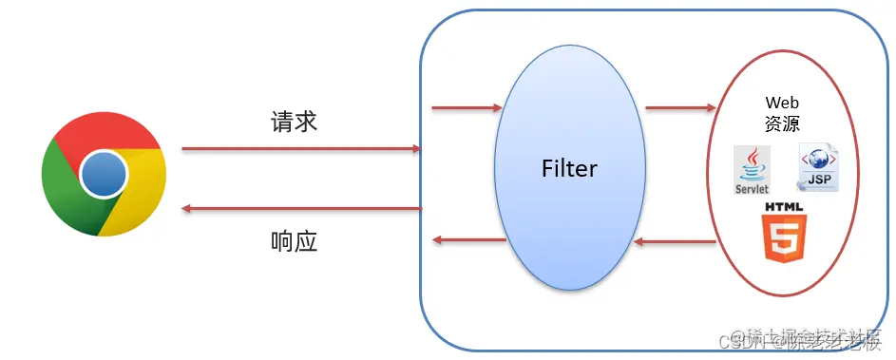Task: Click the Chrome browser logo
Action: [104, 174]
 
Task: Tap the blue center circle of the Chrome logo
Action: [104, 174]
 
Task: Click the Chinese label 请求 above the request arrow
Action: [295, 122]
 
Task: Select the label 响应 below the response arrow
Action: [294, 241]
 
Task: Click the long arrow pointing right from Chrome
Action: [300, 149]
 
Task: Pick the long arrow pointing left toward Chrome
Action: [300, 208]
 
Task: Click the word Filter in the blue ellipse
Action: [569, 169]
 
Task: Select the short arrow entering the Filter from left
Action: [466, 107]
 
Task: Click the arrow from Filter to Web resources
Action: [679, 107]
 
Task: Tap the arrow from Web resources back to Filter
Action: [675, 242]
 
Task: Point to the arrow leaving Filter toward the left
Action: [468, 240]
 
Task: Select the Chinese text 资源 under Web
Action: [781, 123]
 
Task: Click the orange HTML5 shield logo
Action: [783, 237]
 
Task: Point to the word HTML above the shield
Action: [783, 206]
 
